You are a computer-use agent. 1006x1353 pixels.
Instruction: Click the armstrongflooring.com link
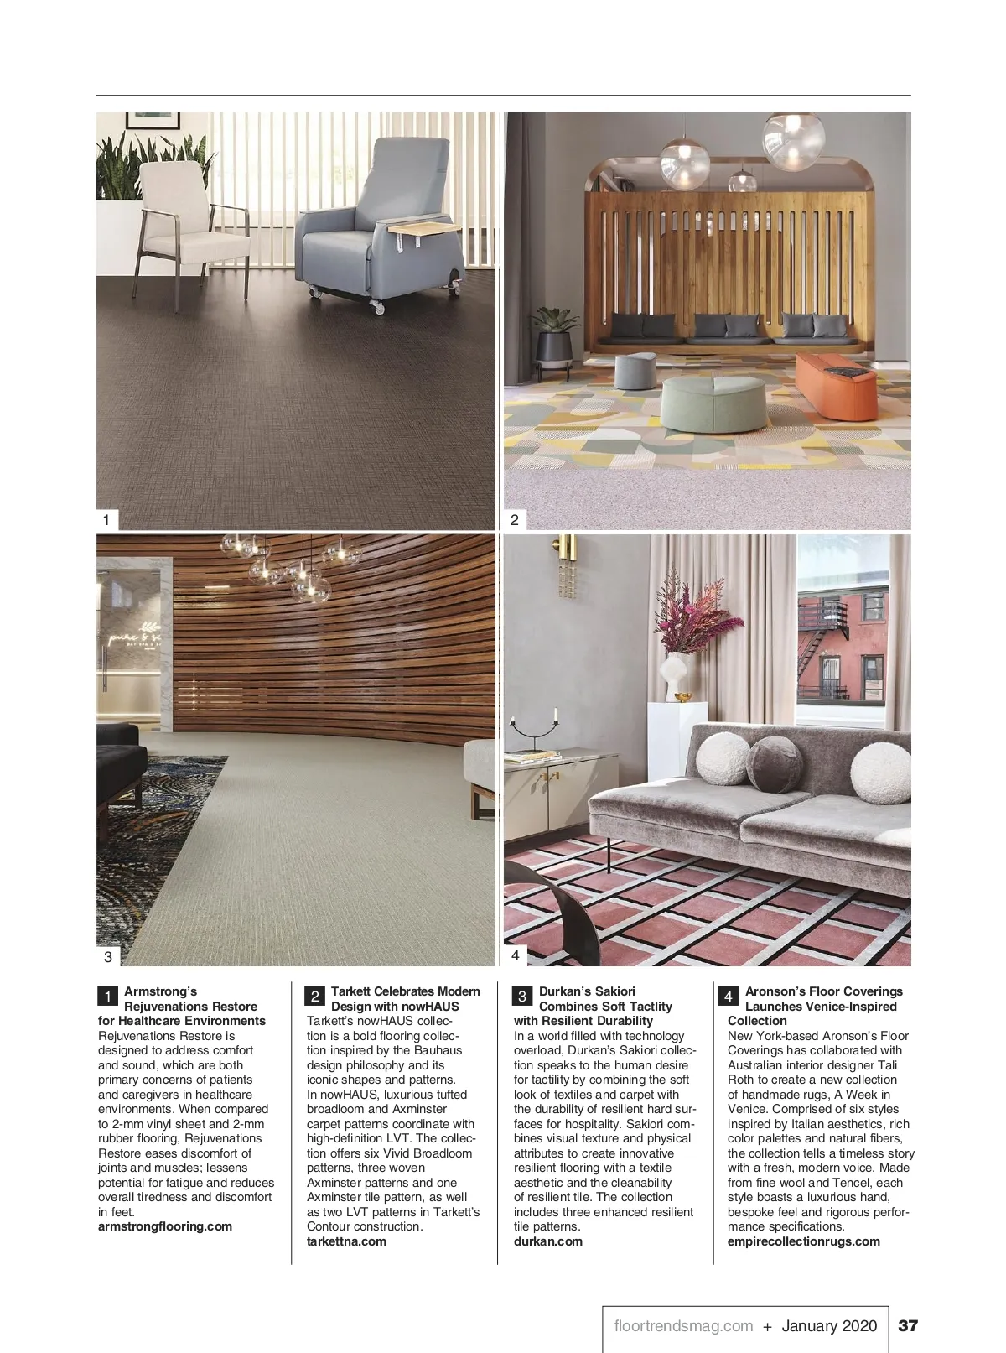(165, 1226)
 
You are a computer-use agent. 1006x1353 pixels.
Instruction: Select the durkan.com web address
(547, 1241)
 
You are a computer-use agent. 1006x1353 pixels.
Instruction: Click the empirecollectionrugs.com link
(803, 1241)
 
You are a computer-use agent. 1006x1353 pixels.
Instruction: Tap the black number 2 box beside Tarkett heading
(314, 997)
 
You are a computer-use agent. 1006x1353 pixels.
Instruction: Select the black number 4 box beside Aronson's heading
(729, 997)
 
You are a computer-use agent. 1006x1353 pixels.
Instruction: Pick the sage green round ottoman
(714, 404)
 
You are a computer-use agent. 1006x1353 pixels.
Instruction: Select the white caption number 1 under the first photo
(106, 520)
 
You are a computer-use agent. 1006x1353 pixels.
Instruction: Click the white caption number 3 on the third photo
(107, 956)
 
